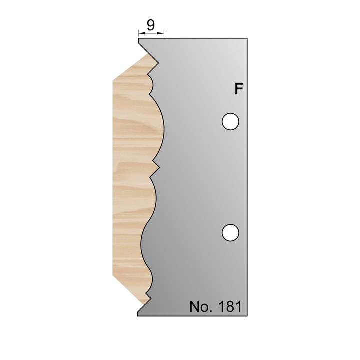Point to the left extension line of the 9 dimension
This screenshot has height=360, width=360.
[x=138, y=34]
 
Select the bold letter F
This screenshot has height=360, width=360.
[x=239, y=89]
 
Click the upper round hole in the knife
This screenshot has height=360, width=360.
[x=230, y=121]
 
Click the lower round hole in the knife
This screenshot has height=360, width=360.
[x=230, y=232]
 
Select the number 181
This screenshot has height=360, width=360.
[x=229, y=306]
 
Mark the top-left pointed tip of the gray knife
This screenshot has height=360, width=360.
[x=138, y=40]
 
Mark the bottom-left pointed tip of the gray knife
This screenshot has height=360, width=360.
[x=138, y=315]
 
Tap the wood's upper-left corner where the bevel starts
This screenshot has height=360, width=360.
[x=113, y=78]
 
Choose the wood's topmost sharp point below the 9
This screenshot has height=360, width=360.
[x=158, y=63]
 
